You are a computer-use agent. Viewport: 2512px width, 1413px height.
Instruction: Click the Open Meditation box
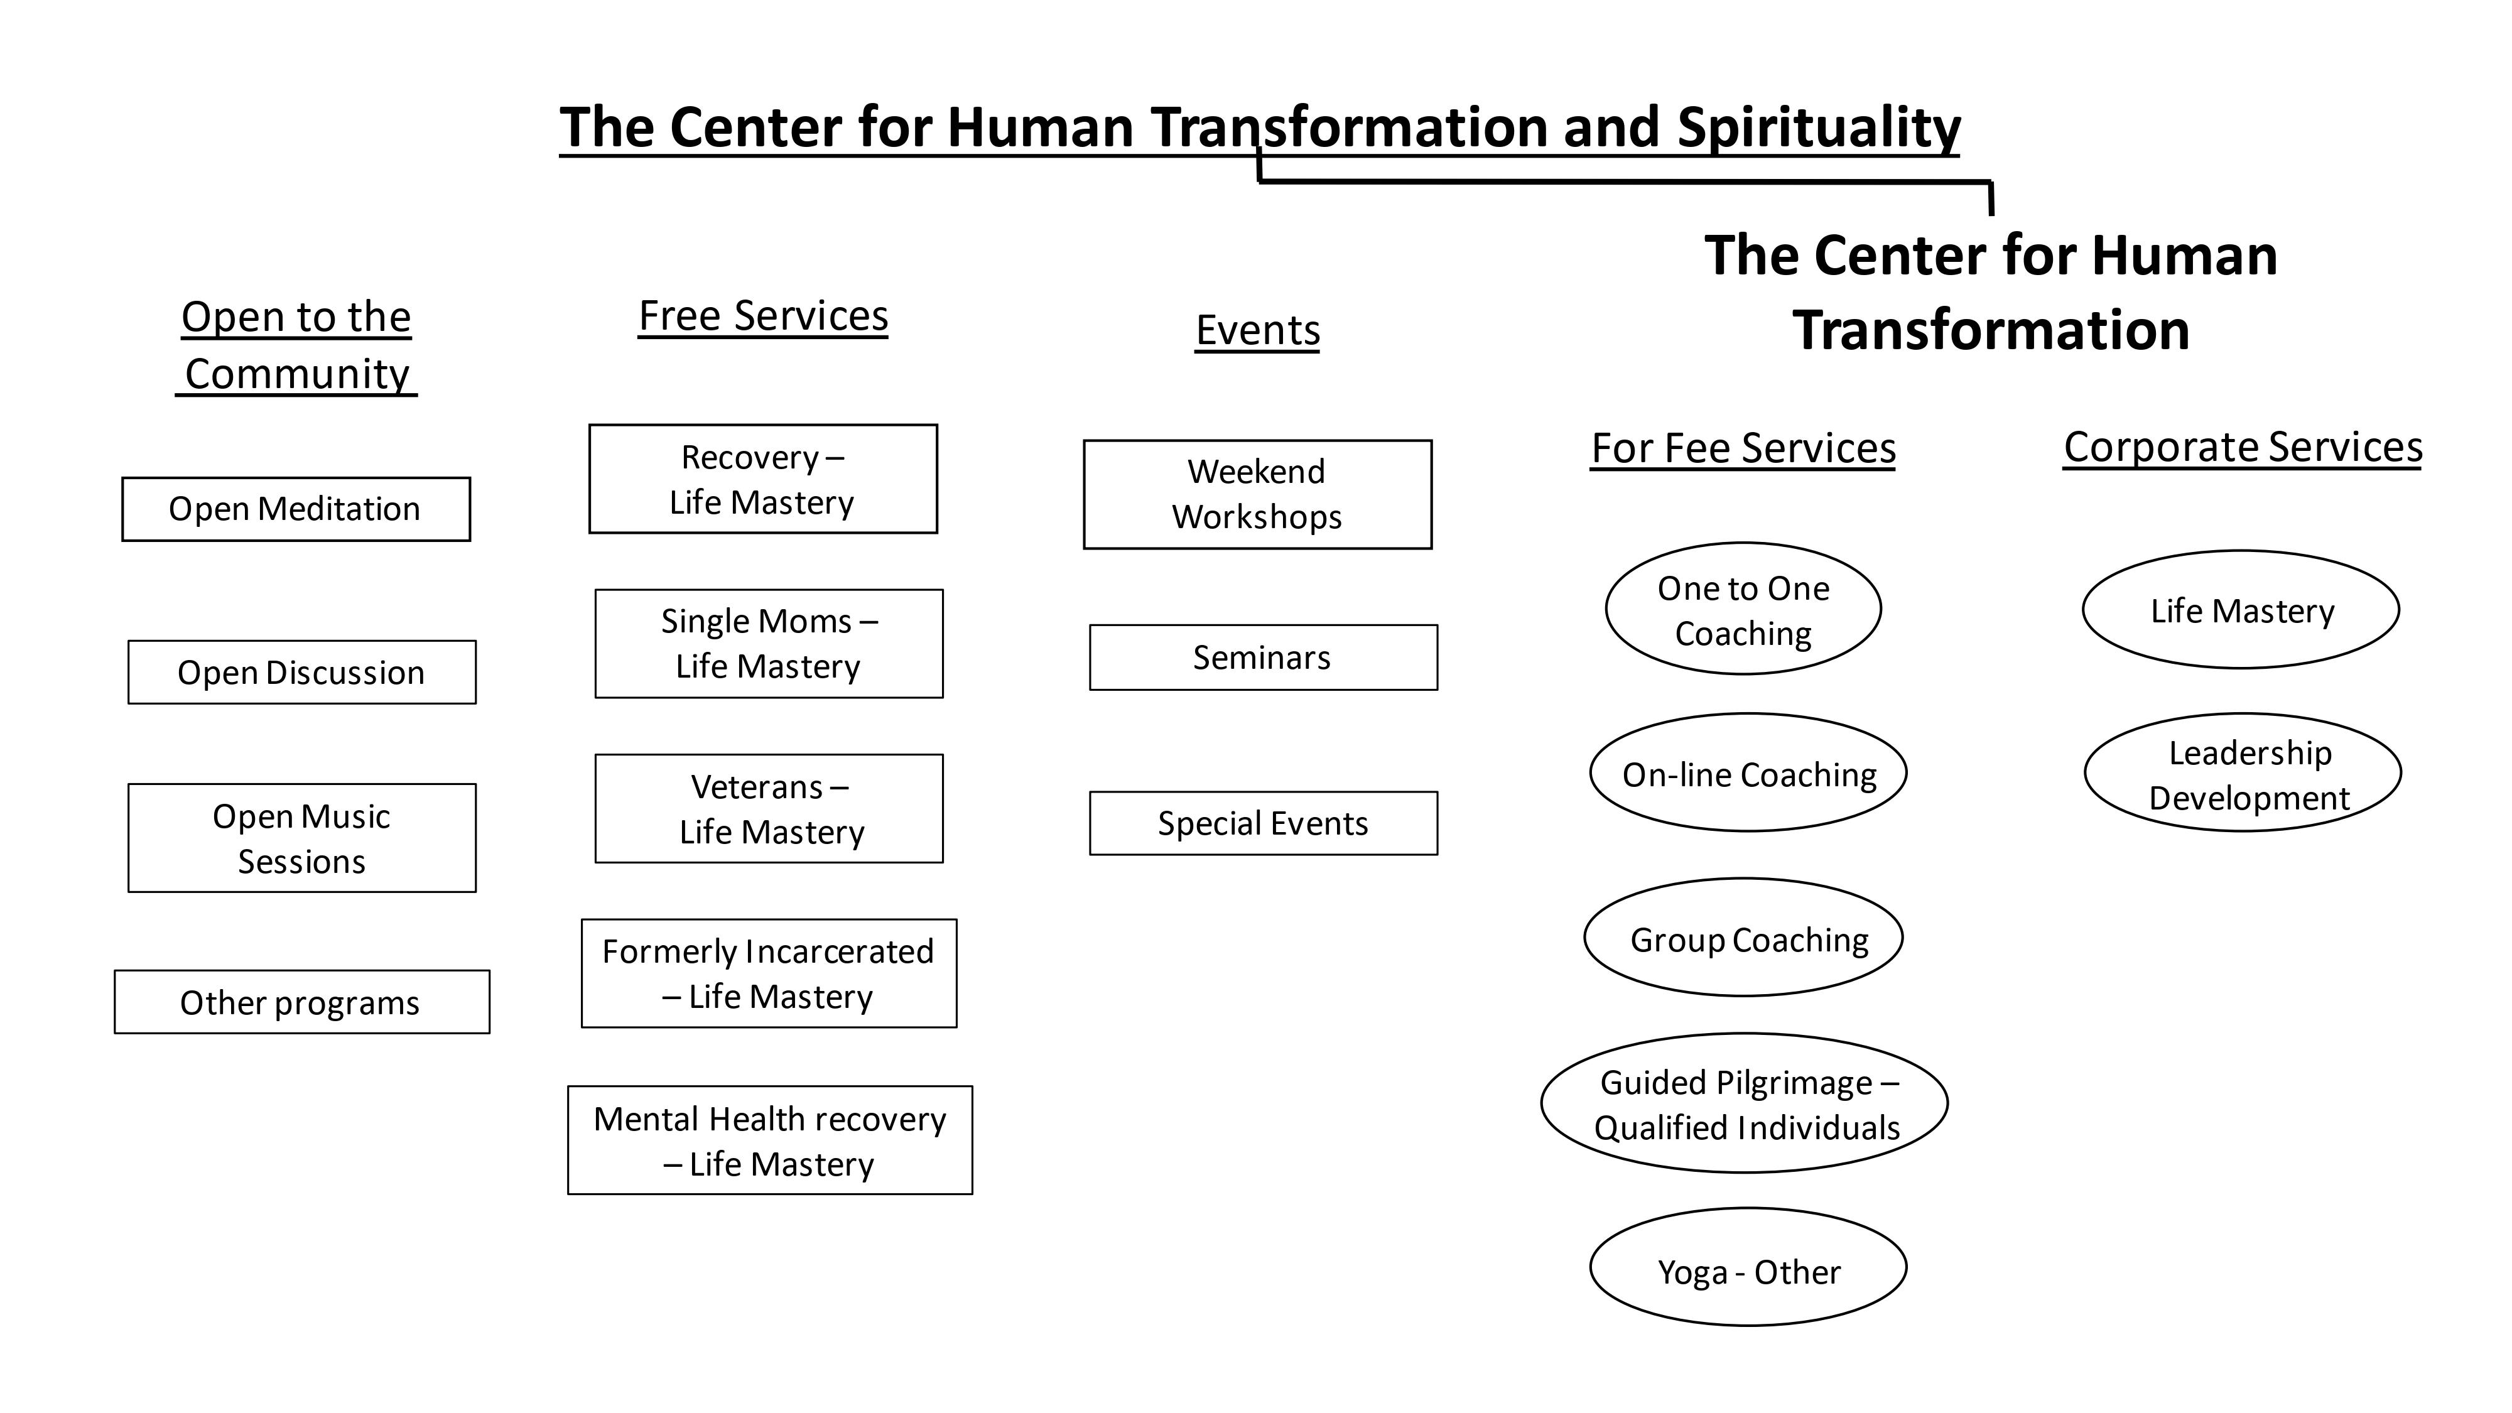[x=295, y=509]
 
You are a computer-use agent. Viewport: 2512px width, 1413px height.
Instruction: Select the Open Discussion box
[x=301, y=672]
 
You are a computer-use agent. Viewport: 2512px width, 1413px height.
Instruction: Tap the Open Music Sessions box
[x=301, y=838]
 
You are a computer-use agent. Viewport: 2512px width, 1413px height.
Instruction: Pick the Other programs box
[x=301, y=1002]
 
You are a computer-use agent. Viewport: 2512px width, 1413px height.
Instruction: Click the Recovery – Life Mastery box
[x=762, y=479]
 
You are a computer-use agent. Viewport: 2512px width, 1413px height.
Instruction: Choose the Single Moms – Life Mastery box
[x=769, y=644]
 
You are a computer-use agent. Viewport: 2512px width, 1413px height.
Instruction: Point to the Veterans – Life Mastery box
[x=769, y=808]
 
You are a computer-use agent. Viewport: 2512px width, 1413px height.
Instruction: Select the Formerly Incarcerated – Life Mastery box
[x=769, y=973]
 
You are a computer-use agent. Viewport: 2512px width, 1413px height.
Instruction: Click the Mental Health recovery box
[x=769, y=1140]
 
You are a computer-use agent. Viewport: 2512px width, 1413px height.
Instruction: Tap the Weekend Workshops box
[x=1257, y=494]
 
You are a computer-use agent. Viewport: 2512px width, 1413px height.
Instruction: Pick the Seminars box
[x=1263, y=658]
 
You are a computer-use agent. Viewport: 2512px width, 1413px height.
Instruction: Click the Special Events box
[x=1263, y=823]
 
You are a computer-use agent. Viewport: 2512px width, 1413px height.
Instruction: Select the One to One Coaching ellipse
[x=1743, y=609]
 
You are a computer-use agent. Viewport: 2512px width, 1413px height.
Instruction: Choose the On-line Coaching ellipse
[x=1748, y=773]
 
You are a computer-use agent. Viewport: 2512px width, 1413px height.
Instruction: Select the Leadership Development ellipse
[x=2242, y=773]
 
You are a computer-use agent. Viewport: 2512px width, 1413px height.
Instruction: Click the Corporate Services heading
[x=2242, y=448]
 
